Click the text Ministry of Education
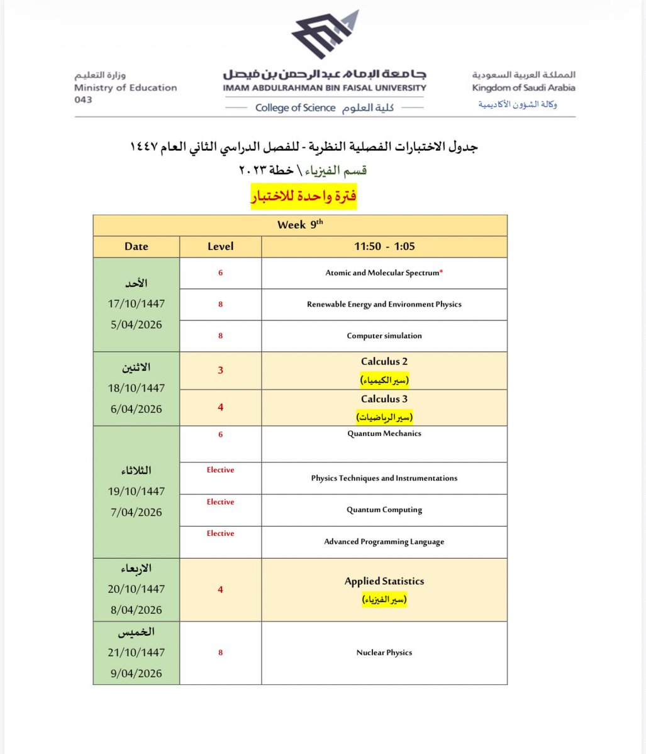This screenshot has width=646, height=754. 125,88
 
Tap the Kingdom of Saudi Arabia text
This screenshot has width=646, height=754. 523,88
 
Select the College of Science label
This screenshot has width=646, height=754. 295,108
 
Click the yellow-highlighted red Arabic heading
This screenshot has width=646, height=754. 304,196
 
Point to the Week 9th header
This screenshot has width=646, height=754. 300,224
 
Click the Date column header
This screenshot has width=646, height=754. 136,246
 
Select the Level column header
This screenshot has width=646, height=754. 220,246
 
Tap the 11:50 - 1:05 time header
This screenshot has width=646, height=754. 384,246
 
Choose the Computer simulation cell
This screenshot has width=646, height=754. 384,336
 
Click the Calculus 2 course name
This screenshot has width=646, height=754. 384,362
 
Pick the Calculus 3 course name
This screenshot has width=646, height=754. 384,399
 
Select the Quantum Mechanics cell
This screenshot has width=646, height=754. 384,434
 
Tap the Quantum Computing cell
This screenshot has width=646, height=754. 384,510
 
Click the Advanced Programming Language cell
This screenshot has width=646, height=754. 384,542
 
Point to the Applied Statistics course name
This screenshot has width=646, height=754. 384,581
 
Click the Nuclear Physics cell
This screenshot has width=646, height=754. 384,653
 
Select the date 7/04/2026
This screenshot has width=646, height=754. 136,512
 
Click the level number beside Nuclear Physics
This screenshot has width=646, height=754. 220,653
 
